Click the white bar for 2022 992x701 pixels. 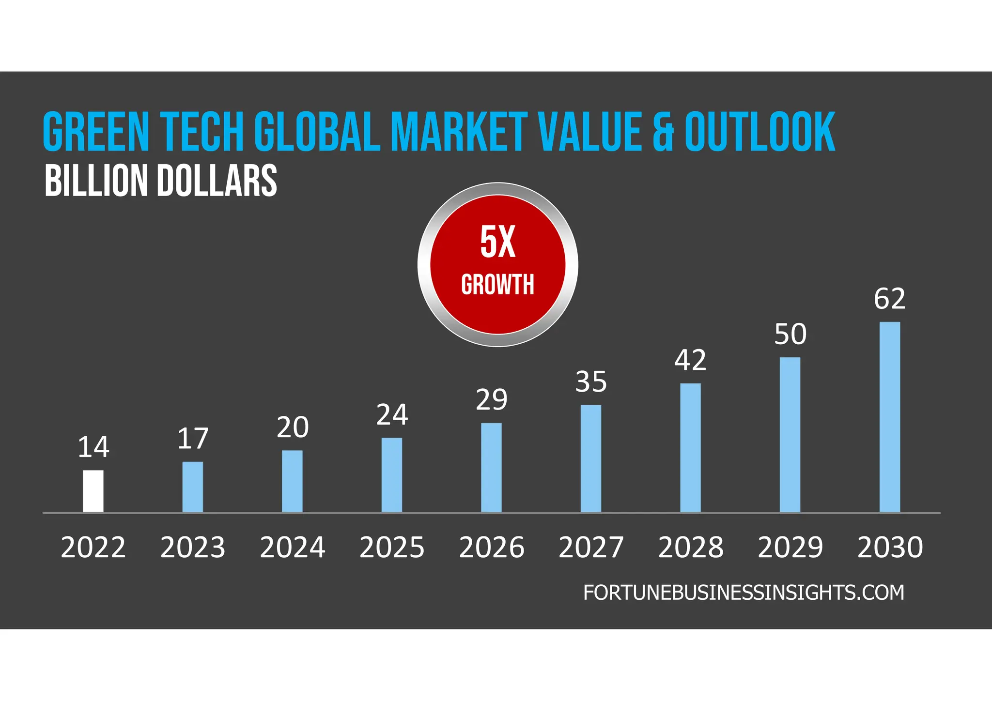point(93,491)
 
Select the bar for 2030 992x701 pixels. point(890,417)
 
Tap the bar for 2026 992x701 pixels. point(491,467)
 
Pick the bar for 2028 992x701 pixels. point(690,447)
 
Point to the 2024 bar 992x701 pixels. point(292,481)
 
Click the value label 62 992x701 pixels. point(890,299)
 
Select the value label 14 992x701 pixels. point(93,447)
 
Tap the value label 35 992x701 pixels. point(591,382)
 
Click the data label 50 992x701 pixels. point(790,335)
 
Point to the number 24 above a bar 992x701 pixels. point(392,415)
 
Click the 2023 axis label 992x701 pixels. point(193,548)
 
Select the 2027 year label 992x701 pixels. point(591,548)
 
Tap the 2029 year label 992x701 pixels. point(790,548)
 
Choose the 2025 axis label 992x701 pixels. point(392,548)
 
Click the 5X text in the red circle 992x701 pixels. point(498,242)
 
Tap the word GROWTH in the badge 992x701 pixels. point(498,285)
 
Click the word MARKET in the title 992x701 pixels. point(459,132)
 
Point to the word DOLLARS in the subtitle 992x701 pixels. point(217,181)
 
